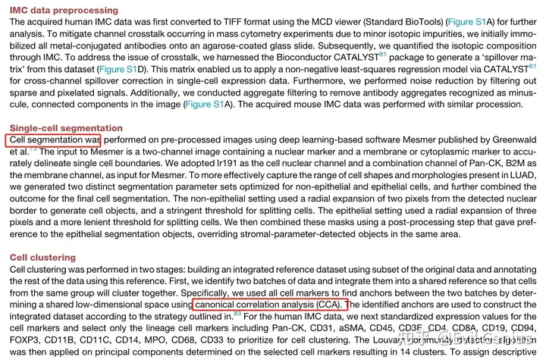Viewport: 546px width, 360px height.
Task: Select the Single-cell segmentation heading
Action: coord(66,128)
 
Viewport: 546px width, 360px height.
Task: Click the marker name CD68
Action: coord(192,340)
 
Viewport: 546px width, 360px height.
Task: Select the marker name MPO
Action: coord(165,340)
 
